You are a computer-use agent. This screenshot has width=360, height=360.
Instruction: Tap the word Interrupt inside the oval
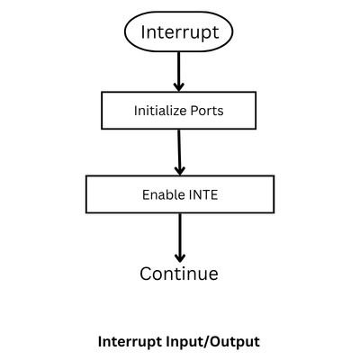click(x=178, y=34)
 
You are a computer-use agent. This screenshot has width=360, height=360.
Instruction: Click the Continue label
click(x=179, y=274)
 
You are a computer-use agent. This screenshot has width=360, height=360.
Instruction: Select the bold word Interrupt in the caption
click(x=129, y=342)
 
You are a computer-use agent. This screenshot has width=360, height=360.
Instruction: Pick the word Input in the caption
click(x=184, y=342)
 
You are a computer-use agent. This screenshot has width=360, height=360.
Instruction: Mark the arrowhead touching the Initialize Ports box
click(x=178, y=86)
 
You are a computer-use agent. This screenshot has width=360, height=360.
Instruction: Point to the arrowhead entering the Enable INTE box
click(x=180, y=168)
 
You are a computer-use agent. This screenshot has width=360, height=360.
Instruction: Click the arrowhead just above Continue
click(x=179, y=255)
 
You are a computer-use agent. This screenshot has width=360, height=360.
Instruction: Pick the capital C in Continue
click(x=147, y=274)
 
